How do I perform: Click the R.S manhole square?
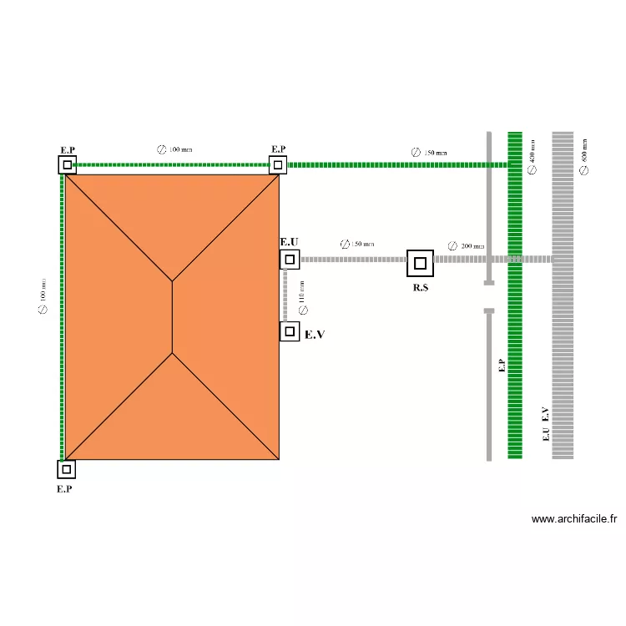tap(420, 263)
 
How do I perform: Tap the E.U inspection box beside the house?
tap(289, 260)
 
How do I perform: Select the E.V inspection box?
tap(289, 331)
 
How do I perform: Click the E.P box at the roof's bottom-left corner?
tap(66, 469)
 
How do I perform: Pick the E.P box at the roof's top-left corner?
tap(67, 164)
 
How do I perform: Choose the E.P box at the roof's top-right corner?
tap(278, 164)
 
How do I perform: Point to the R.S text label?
tap(420, 288)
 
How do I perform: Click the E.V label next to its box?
tap(315, 334)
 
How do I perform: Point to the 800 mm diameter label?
tap(584, 156)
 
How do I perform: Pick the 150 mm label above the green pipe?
tap(429, 153)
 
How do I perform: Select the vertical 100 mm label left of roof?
tap(43, 295)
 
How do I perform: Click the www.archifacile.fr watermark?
tap(573, 518)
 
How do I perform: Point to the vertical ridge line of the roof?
tap(172, 317)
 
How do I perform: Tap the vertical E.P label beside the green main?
tap(501, 366)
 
